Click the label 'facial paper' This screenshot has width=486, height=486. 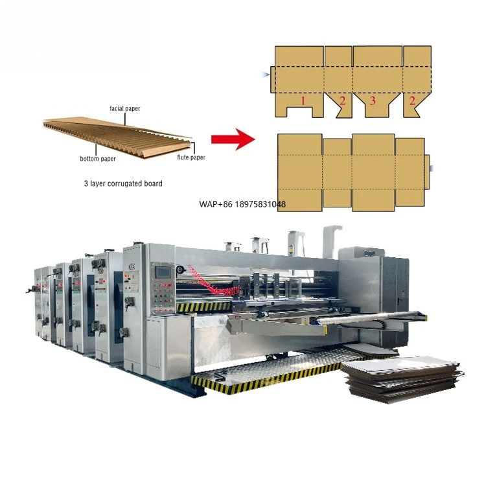coord(126,108)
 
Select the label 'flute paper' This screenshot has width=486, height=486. coord(191,157)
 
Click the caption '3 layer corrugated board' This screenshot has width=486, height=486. coord(122,183)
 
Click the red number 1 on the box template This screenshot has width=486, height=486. coord(302,100)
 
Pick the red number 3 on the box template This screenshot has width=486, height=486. coord(372,100)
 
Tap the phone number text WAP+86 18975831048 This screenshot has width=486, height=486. coord(241,204)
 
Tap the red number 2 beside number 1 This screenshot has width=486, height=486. coord(342,100)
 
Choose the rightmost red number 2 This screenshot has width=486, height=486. coord(411,100)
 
